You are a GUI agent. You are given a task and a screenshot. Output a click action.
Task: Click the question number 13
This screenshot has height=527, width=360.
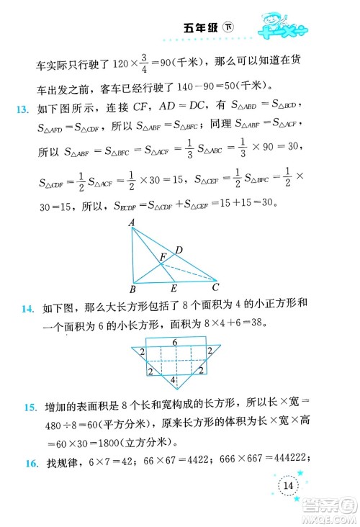[x=22, y=109]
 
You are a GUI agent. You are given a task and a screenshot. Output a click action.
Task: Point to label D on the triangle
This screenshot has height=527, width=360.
[x=180, y=250]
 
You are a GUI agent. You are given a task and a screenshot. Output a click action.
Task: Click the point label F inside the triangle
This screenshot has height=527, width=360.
[x=163, y=256]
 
